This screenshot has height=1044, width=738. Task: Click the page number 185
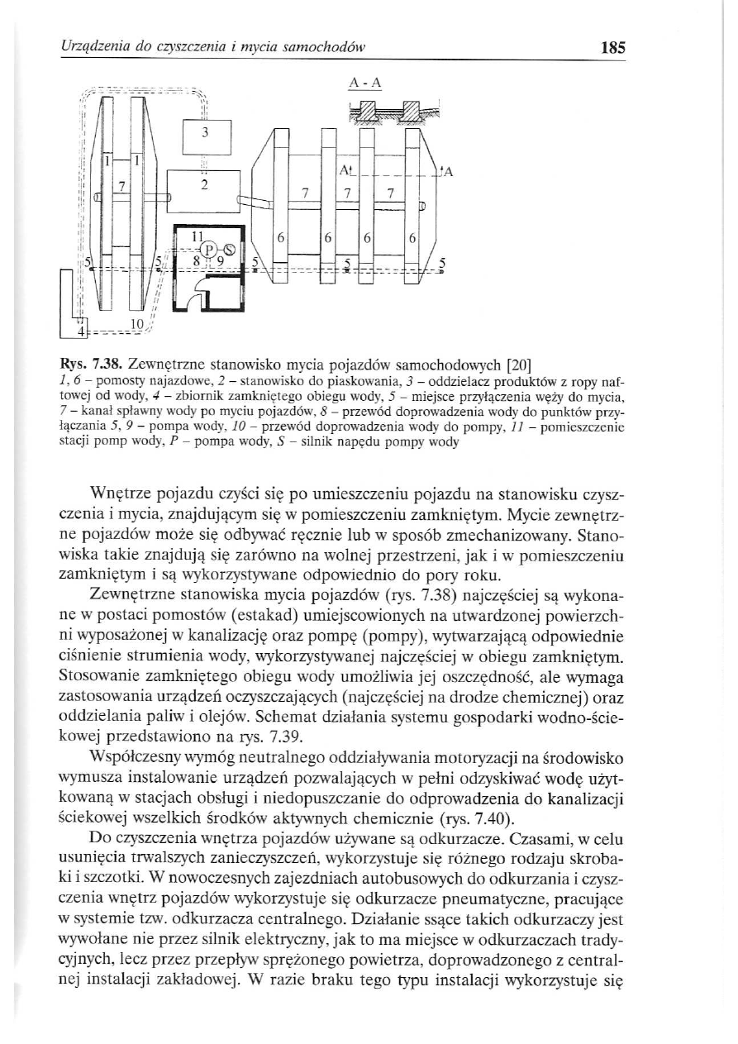(612, 47)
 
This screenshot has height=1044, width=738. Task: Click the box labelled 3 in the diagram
(207, 133)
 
